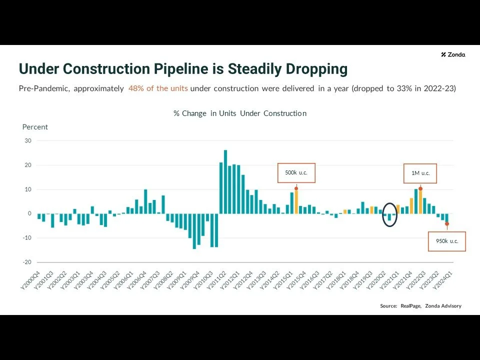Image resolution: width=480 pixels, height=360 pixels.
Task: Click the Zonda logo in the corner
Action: (x=453, y=54)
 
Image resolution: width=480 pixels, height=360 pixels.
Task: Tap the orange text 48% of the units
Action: (x=158, y=88)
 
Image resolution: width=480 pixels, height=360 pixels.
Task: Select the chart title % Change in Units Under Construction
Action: (x=240, y=113)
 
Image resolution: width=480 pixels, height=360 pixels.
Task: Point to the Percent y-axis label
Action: (x=35, y=127)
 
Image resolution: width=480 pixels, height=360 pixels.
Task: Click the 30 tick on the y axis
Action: (x=28, y=141)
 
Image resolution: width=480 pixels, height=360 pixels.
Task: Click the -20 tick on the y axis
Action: (x=27, y=262)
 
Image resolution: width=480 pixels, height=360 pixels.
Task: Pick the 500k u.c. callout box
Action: (x=296, y=173)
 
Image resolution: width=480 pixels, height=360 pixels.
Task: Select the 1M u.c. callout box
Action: (x=420, y=173)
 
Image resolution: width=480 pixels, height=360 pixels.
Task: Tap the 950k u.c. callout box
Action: (x=446, y=241)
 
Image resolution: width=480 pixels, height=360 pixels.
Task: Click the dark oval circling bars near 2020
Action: (x=389, y=214)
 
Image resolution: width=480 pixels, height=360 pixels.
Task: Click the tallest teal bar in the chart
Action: (x=225, y=181)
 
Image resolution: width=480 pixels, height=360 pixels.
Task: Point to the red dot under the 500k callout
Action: (x=296, y=188)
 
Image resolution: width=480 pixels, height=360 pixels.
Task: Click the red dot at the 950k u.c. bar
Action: (x=447, y=224)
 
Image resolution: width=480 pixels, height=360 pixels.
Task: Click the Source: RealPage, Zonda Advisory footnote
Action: (x=420, y=306)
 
